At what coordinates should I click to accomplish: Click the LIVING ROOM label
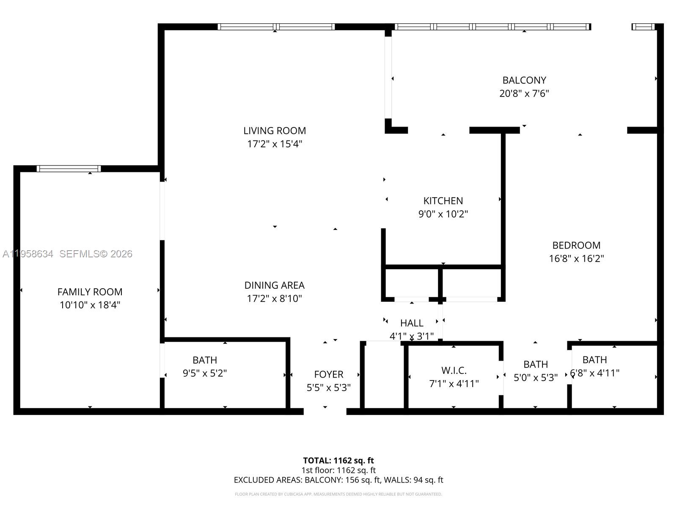(275, 130)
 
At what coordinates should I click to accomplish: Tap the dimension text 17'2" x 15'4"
(275, 144)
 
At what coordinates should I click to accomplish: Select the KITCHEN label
(443, 201)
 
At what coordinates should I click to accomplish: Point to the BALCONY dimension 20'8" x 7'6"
(524, 94)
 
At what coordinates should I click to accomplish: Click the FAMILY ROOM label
(90, 292)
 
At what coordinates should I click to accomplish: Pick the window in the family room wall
(69, 168)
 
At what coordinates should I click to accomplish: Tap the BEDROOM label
(576, 245)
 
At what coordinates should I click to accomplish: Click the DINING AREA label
(275, 285)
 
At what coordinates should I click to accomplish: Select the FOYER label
(328, 374)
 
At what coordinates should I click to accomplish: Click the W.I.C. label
(454, 370)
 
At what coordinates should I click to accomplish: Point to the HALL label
(412, 323)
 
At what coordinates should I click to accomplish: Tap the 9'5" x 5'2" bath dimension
(205, 373)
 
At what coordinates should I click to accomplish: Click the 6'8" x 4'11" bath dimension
(594, 373)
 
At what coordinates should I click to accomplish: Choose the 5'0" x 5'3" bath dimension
(535, 377)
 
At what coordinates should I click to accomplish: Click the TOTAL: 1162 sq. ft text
(338, 460)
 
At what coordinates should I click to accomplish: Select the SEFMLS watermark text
(96, 254)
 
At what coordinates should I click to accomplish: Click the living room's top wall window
(276, 27)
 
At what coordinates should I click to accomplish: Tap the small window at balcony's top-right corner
(643, 27)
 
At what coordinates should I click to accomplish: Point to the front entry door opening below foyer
(325, 411)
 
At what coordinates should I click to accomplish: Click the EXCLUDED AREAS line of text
(338, 480)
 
